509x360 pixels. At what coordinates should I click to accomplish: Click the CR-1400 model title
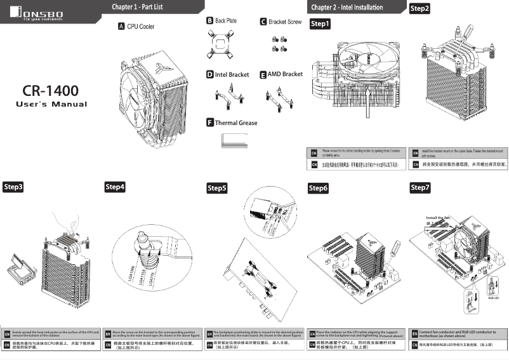tap(51, 90)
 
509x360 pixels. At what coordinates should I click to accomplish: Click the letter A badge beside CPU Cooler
tap(121, 27)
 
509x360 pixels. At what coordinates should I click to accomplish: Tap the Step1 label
tap(320, 24)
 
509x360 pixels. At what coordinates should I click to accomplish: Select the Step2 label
tap(420, 8)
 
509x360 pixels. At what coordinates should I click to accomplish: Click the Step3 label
tap(14, 187)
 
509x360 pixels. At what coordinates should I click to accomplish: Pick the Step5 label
tap(217, 189)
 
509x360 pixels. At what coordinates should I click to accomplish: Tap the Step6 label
tap(319, 189)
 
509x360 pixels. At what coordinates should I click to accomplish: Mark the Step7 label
tap(420, 187)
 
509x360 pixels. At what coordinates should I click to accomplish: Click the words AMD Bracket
tap(285, 74)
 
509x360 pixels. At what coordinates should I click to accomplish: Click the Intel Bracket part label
tap(232, 75)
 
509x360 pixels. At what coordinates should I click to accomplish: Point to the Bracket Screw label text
tap(285, 22)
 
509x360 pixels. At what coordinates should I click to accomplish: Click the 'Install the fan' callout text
tap(438, 218)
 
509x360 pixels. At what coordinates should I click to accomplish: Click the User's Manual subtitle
tap(51, 105)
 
